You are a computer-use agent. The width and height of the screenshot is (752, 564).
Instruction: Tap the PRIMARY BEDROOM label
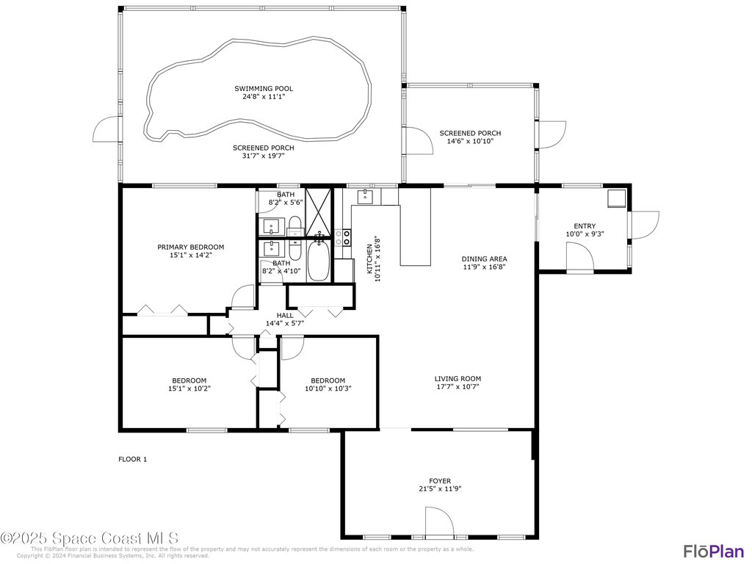190,247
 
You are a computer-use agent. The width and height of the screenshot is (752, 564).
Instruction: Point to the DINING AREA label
484,258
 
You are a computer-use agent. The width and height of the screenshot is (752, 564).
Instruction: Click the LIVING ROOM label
458,379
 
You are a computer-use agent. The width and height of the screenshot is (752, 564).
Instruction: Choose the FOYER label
440,481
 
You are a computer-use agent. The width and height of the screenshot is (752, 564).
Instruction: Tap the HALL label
284,315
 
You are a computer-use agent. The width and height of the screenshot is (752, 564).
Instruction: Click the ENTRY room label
585,226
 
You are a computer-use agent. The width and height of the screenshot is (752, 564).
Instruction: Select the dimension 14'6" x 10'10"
470,141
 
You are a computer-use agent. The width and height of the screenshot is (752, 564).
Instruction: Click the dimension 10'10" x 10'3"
328,388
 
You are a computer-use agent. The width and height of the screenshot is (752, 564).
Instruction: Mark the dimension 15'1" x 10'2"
189,388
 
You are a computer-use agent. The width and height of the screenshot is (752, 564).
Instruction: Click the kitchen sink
365,196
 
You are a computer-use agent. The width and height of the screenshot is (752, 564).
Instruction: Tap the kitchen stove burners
342,236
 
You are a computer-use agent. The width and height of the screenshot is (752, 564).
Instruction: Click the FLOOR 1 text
133,460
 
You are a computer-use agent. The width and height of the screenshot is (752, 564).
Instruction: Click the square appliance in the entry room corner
615,198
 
